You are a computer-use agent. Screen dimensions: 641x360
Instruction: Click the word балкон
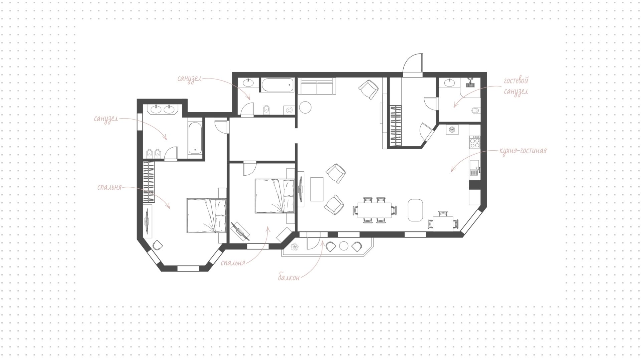[x=289, y=277]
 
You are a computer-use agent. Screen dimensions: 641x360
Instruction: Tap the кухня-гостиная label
[x=523, y=151]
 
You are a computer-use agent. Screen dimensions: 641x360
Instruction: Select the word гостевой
[x=516, y=80]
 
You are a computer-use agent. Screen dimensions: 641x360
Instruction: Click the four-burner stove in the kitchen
[x=475, y=143]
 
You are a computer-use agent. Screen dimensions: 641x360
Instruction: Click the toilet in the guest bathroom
[x=475, y=110]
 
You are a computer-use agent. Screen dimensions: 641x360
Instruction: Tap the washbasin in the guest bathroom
[x=449, y=82]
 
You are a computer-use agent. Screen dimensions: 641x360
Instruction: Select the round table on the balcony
[x=344, y=246]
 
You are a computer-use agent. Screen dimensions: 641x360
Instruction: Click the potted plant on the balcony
[x=295, y=246]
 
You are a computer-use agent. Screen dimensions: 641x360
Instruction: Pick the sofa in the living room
[x=316, y=86]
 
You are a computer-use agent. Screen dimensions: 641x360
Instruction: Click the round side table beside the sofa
[x=305, y=107]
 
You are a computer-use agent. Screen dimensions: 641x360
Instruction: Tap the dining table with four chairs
[x=375, y=210]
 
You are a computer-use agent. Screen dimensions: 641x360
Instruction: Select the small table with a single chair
[x=443, y=222]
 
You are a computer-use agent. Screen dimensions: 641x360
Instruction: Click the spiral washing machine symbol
[x=289, y=110]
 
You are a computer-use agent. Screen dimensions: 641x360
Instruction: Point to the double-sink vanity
[x=162, y=109]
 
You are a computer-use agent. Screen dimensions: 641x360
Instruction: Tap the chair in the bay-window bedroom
[x=158, y=245]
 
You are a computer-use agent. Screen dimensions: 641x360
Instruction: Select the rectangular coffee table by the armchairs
[x=317, y=189]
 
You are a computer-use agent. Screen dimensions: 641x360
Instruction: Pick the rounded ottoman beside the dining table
[x=415, y=210]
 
